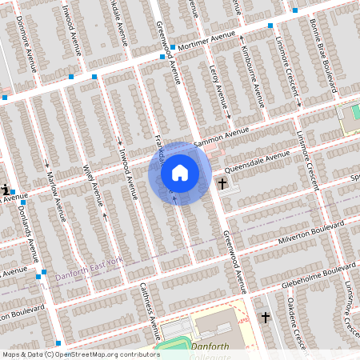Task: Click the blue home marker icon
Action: [x=180, y=173]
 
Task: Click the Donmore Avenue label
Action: [x=26, y=46]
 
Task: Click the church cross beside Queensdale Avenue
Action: [x=222, y=184]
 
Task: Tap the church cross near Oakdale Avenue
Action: [x=265, y=318]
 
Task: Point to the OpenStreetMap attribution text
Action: [x=81, y=354]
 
